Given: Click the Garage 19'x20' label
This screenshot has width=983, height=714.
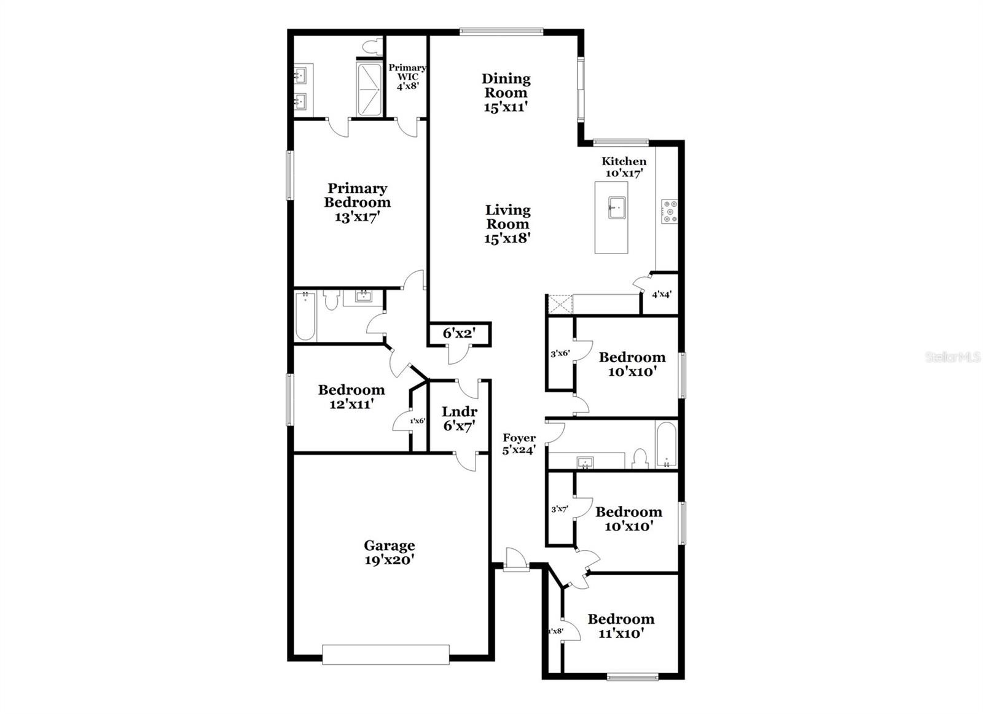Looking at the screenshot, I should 389,553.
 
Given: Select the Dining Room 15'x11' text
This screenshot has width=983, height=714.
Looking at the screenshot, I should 506,92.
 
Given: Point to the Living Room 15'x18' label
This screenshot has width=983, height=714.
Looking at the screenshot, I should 507,224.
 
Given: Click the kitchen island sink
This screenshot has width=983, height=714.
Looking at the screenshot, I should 616,207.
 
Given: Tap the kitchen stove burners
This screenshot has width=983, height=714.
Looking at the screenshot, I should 669,211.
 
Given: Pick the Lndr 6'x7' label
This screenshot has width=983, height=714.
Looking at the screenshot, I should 459,419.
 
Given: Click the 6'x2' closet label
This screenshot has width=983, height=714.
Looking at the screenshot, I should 458,333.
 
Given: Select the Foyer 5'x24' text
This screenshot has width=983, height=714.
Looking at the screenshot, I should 519,444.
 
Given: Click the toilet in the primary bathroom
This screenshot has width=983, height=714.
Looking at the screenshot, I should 370,46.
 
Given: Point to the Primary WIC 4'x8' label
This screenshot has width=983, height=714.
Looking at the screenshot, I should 407,77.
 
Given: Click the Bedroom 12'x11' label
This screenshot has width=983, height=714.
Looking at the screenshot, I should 351,397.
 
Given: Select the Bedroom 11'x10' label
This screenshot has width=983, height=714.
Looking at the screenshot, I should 621,626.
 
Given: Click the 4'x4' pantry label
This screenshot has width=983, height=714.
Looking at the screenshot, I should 661,295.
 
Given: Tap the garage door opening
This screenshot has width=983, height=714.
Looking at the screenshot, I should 386,654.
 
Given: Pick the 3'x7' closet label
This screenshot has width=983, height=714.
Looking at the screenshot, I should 559,509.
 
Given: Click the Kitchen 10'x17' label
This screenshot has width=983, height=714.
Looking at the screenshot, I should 624,167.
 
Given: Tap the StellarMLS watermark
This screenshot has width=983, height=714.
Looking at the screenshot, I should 952,357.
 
